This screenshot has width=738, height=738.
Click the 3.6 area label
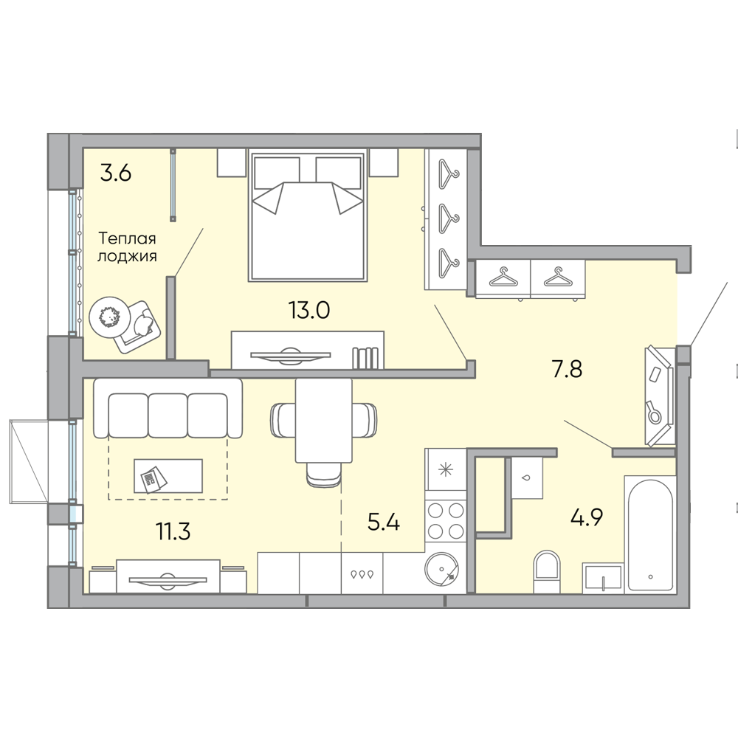point(116,173)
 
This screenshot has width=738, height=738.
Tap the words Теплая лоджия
point(127,247)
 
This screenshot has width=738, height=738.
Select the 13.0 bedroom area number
point(308,310)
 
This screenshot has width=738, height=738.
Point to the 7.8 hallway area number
point(567,368)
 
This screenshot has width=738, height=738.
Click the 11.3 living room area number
point(173,531)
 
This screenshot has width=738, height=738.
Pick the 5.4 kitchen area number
point(384,522)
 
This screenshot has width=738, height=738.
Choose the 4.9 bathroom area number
point(587,517)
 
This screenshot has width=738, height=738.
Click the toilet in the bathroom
point(547,571)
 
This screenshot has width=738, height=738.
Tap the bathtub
point(650,534)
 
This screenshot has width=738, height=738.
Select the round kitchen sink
point(441,569)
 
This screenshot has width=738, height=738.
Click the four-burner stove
point(446,520)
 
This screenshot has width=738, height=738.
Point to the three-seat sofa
point(168,408)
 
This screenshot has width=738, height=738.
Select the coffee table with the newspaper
point(168,476)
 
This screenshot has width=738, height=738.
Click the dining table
point(324,421)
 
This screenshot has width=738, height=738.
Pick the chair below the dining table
point(324,475)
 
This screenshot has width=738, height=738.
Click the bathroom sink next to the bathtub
point(602,578)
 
